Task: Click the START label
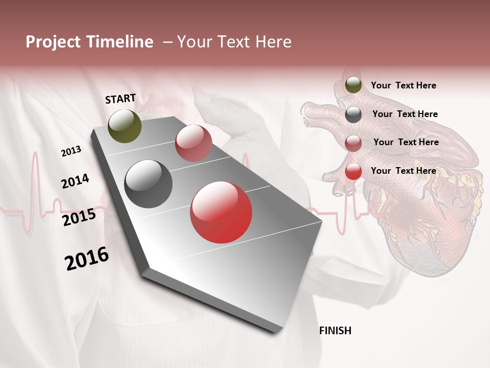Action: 120,99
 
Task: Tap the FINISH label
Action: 335,331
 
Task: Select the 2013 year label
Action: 71,151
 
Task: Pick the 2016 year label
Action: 87,259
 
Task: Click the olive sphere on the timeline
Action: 125,126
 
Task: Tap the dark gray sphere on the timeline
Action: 149,184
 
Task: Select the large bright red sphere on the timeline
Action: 221,213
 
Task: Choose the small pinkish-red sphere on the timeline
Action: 193,143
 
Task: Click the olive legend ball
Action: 353,85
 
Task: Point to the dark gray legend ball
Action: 353,114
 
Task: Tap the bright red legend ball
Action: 353,172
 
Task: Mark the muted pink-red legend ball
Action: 353,143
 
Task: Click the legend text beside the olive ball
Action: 403,85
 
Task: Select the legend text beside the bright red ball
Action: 403,171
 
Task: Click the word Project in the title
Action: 54,42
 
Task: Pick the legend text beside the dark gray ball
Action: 405,114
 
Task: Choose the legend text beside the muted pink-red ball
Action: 406,142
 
